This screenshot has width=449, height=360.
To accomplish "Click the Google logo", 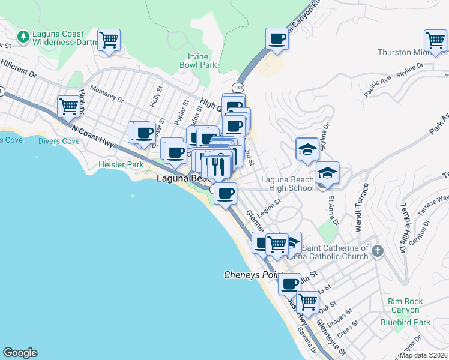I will point(20,353).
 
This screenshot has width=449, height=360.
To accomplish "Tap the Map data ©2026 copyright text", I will point(423,355).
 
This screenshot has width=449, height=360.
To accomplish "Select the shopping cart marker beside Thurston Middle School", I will point(435,41).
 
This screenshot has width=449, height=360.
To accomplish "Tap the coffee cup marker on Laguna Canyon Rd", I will point(277,40).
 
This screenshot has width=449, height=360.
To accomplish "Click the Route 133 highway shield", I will point(238,87).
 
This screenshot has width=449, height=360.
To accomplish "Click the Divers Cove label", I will point(59,142).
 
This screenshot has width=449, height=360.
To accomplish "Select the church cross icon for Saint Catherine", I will point(377,250).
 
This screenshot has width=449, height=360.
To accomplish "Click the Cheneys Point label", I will point(249,275).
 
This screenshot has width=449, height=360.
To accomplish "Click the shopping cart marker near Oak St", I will point(308,302).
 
